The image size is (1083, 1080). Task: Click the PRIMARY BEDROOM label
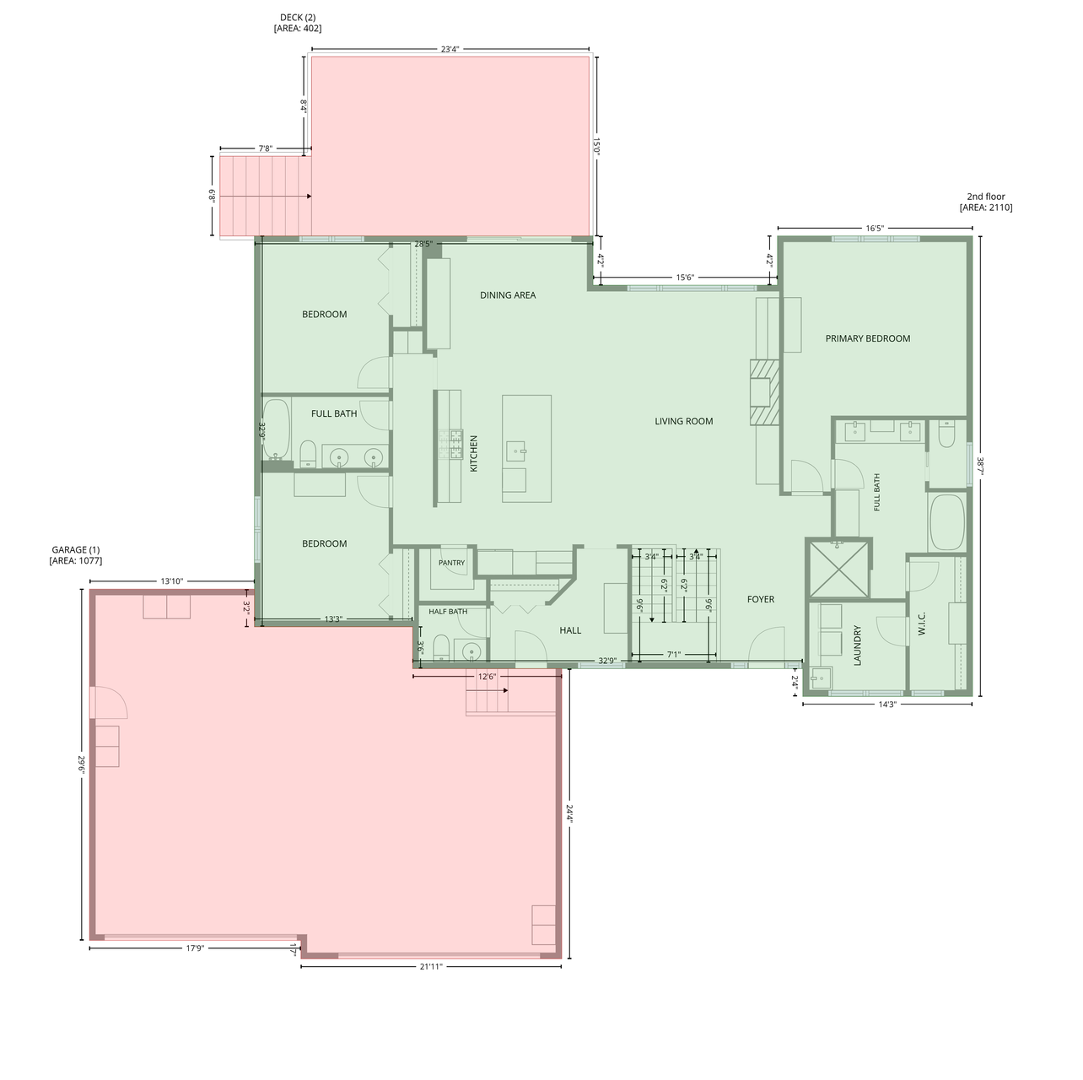click(867, 338)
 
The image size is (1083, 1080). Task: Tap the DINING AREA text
click(508, 295)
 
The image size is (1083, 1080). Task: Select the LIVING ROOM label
click(683, 421)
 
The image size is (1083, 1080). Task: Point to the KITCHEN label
click(473, 453)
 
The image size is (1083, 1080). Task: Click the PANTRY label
click(451, 563)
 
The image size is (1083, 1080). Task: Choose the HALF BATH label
click(448, 612)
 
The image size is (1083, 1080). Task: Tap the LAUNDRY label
click(857, 646)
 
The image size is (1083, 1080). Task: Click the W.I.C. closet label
click(921, 624)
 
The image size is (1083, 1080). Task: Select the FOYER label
click(761, 599)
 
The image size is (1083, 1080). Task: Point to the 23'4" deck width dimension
click(450, 50)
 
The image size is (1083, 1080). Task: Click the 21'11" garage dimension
click(431, 966)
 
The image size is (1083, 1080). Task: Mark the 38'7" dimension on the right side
click(980, 466)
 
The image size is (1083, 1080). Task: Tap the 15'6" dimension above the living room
click(685, 278)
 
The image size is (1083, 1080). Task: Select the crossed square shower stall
click(838, 568)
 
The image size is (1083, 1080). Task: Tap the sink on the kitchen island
click(516, 451)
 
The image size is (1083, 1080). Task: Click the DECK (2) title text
click(297, 18)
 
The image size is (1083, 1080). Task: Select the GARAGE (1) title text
click(75, 550)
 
